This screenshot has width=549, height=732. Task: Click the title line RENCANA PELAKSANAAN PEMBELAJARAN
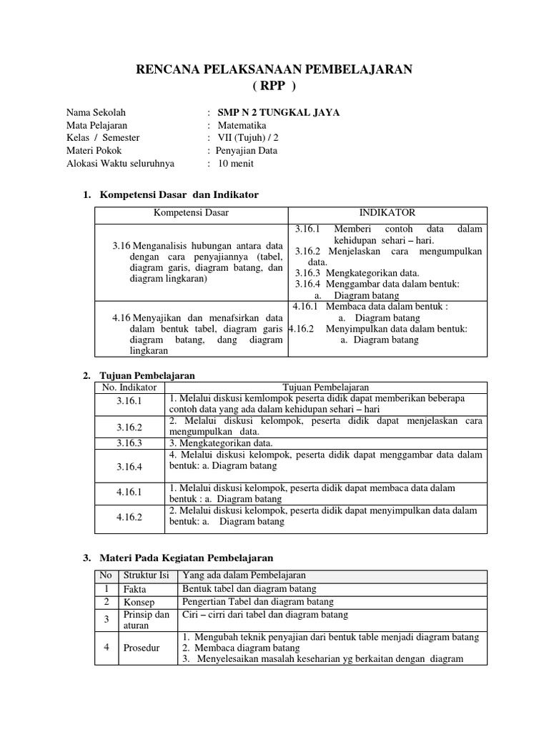274,69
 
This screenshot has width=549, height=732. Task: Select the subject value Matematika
242,125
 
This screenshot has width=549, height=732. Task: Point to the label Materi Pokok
94,151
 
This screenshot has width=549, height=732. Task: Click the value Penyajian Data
247,151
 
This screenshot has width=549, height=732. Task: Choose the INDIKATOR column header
386,213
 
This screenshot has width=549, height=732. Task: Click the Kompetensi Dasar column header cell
191,213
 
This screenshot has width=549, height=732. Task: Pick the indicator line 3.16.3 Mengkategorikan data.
357,272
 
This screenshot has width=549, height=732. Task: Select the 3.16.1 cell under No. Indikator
129,401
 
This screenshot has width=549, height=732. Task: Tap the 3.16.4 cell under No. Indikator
129,467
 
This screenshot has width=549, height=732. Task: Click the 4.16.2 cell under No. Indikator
129,516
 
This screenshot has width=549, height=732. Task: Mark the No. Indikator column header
129,387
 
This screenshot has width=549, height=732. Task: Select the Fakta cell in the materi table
135,590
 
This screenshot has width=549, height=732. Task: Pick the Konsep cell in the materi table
138,603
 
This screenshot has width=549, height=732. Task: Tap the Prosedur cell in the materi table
141,648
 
